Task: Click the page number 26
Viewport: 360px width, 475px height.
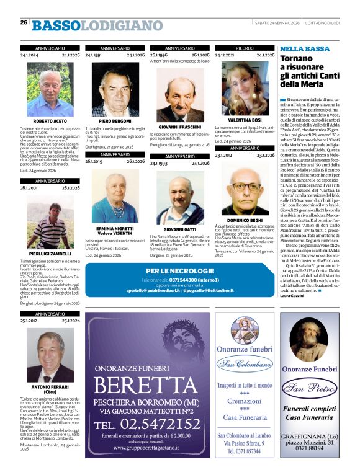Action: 23,23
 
